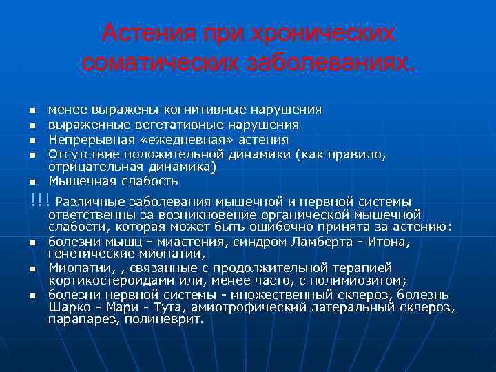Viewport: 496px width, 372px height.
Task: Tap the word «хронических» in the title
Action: (324, 32)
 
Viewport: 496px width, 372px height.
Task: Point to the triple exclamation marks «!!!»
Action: (40, 200)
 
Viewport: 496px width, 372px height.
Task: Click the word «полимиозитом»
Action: (363, 280)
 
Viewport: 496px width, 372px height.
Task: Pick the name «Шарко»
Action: (68, 307)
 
